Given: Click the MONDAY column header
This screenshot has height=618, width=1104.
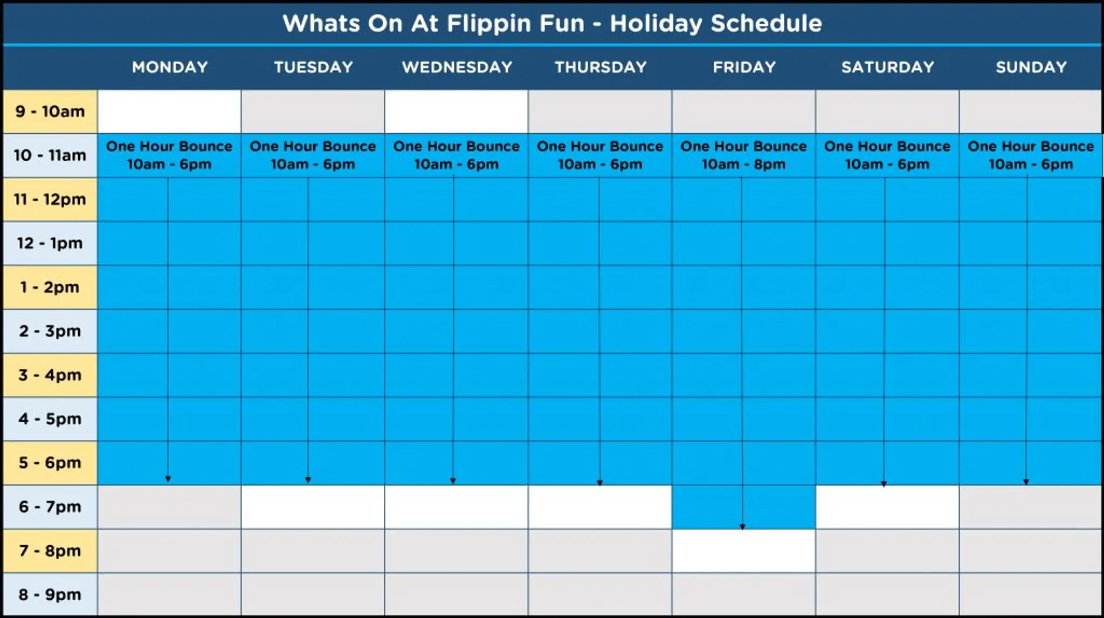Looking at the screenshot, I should point(170,67).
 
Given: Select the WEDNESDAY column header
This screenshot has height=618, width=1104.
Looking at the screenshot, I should point(457,67).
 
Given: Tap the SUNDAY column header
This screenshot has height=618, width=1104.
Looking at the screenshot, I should point(1031,67).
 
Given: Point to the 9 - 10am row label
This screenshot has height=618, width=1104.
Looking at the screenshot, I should point(50,112).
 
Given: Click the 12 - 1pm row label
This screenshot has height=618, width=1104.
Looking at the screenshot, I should point(50,243).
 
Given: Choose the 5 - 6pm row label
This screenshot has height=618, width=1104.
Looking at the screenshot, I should point(50,463).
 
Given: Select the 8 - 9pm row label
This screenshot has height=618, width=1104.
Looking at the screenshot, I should point(50,595).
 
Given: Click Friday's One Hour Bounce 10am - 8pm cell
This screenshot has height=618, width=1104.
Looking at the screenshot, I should point(743,155).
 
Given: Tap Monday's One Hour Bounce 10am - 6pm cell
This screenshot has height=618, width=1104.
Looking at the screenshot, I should point(169,155).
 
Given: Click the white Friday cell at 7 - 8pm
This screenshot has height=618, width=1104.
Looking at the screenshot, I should point(743,551).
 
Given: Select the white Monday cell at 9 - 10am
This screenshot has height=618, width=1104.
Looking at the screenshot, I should point(169,112).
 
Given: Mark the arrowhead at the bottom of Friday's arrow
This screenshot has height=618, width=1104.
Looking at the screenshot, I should point(742,527).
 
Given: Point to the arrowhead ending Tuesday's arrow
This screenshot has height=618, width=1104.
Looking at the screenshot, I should point(308,479).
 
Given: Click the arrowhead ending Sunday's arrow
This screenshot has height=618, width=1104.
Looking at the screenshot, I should point(1026,482).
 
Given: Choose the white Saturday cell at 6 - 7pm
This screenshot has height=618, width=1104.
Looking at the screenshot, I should point(887,507).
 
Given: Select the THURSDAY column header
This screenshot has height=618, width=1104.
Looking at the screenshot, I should point(600,67).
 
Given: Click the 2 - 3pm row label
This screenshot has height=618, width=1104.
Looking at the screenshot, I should point(50,331).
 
